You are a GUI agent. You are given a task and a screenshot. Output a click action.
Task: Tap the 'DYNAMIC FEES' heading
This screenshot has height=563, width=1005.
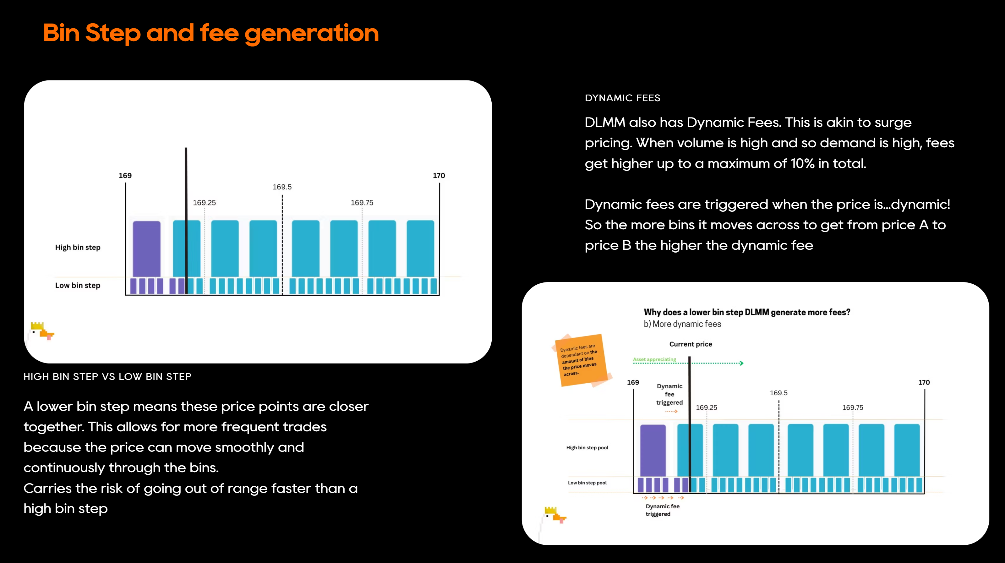(x=622, y=98)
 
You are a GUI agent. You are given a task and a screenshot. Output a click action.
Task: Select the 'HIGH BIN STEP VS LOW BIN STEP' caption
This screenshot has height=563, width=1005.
(x=107, y=376)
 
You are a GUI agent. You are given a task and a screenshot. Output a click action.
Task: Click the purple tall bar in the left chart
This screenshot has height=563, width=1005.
(x=146, y=249)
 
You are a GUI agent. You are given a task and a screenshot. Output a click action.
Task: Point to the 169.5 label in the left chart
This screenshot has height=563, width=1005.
(x=282, y=187)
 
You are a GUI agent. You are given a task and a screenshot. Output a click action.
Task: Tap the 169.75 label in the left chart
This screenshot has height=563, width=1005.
(x=362, y=203)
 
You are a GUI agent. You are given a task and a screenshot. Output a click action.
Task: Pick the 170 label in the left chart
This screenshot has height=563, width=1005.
(x=439, y=176)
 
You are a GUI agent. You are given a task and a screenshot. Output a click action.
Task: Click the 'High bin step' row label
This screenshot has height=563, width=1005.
(x=78, y=247)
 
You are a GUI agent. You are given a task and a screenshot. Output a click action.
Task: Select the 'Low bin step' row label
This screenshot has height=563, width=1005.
(x=78, y=285)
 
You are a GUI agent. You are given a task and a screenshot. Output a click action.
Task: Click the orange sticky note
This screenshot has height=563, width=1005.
(x=581, y=360)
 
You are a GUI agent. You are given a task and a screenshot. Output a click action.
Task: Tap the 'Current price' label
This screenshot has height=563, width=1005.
(x=691, y=344)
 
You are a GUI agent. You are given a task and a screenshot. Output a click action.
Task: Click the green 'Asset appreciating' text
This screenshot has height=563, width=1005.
(x=654, y=359)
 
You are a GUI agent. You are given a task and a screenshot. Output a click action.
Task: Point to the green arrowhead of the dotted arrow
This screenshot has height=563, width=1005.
(x=742, y=363)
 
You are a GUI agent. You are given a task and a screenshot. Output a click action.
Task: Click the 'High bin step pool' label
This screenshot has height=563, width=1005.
(x=587, y=447)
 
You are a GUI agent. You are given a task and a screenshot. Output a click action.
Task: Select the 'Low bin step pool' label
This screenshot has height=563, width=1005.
(x=587, y=483)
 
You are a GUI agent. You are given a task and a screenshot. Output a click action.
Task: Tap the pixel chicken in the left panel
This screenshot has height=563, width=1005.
(x=41, y=331)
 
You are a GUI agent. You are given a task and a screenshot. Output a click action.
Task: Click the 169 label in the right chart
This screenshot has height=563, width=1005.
(x=633, y=382)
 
